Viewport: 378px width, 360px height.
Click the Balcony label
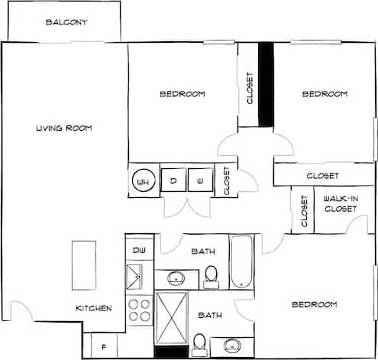click(66, 22)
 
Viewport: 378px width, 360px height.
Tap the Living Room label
click(64, 128)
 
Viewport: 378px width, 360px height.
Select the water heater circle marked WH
click(143, 182)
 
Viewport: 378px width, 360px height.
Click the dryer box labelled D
click(173, 180)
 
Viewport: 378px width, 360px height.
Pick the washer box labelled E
click(200, 180)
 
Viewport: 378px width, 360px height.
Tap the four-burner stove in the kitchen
click(140, 310)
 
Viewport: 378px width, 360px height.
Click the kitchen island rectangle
click(84, 265)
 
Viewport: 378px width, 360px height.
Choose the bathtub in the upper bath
click(242, 262)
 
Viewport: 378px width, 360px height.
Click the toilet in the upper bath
click(212, 276)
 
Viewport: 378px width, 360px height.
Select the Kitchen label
click(94, 309)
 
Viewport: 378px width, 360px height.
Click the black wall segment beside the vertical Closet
click(266, 84)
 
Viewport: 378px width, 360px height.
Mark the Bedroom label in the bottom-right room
click(314, 305)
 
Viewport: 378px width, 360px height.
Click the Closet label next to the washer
click(226, 181)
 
